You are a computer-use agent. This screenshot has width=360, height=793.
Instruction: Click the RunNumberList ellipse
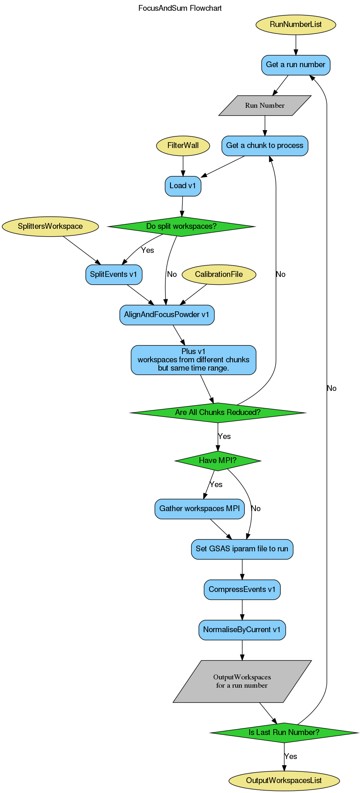pos(295,24)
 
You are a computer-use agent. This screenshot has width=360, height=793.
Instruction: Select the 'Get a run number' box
pos(295,65)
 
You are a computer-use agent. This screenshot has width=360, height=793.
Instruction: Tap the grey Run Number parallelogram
pos(265,105)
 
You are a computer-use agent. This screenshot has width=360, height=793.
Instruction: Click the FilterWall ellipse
pos(183,146)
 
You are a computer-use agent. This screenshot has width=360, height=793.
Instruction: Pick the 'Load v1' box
pos(182,186)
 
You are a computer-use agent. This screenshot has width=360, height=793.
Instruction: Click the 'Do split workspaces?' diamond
pos(181,226)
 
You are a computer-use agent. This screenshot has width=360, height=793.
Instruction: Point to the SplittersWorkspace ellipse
pos(50,226)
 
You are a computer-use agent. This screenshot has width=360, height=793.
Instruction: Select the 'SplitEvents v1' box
pos(114,274)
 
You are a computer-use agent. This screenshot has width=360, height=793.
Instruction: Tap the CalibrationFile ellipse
pos(219,274)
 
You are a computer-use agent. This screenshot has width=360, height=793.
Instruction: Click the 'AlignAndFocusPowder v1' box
pos(167,315)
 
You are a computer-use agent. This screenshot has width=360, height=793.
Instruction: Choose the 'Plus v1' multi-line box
pos(193,360)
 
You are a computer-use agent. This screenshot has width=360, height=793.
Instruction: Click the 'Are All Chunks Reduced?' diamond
pos(218,412)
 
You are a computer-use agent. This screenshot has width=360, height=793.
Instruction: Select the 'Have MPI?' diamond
pos(218,461)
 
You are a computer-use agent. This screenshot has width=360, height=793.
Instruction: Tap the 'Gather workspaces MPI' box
pos(199,509)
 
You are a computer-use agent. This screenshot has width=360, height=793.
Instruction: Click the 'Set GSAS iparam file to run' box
pos(242,549)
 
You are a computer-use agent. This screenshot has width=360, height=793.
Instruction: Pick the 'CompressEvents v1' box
pos(242,589)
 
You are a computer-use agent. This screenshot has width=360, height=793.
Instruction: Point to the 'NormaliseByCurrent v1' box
pos(242,630)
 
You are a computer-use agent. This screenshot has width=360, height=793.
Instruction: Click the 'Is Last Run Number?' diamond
pos(284,732)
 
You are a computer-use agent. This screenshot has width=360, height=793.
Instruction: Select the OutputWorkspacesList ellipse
pos(284,781)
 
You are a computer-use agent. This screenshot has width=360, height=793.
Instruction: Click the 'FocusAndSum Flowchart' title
pos(180,8)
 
